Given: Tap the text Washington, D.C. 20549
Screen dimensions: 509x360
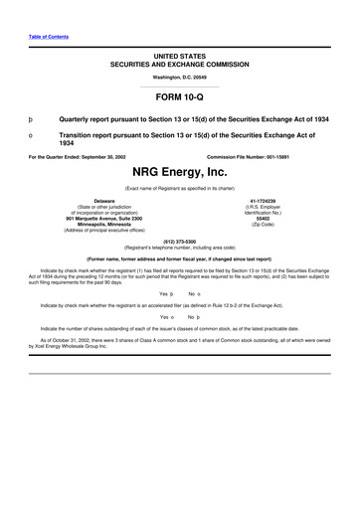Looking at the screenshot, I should point(180,76).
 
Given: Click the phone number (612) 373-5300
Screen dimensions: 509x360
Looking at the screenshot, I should point(180,240).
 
